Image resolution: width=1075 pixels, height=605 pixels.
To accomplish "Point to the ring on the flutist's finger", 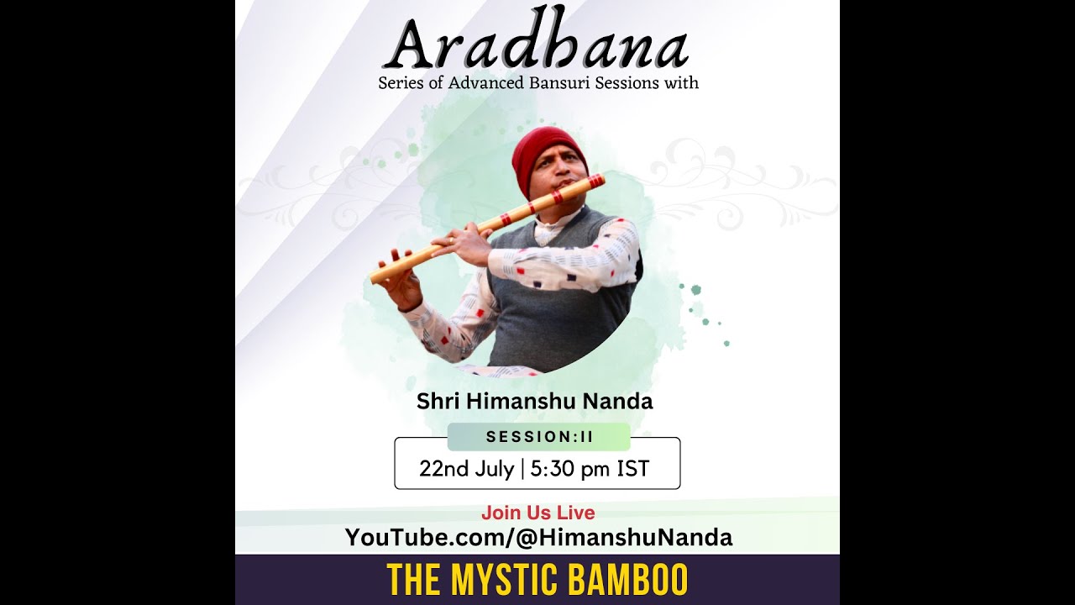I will click(451, 241).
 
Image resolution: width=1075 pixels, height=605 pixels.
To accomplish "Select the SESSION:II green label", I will click(538, 437).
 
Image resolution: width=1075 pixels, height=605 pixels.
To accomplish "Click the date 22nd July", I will click(466, 469).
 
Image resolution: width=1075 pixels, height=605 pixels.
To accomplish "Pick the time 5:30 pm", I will click(570, 469).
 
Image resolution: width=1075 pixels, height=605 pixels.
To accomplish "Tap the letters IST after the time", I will click(633, 469).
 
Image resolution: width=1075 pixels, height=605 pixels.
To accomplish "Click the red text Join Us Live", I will click(537, 513).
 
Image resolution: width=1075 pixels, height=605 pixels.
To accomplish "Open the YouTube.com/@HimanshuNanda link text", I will click(538, 538).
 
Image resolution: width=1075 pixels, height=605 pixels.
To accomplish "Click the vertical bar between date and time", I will click(522, 469).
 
